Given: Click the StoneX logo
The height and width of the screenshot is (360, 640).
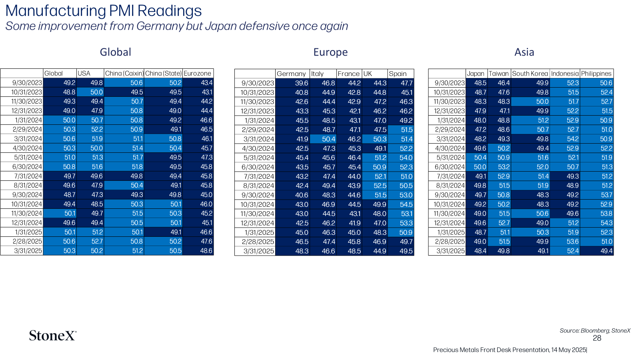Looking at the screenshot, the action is [53, 336].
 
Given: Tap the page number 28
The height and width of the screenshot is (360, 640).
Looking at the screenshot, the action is [597, 338].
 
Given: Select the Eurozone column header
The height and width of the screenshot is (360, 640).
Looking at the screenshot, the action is [198, 74].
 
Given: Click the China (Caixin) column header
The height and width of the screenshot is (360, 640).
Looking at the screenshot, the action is [124, 74].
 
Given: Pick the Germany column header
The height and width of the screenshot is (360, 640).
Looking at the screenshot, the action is [291, 74].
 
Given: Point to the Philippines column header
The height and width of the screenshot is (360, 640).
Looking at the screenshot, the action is [596, 74].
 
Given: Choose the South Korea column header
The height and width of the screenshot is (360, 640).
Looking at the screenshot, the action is [530, 74].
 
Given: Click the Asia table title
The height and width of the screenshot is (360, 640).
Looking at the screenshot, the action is [524, 52].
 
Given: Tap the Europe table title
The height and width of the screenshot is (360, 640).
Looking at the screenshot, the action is [330, 52].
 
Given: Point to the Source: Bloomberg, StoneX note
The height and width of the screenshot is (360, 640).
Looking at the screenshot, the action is [595, 330].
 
